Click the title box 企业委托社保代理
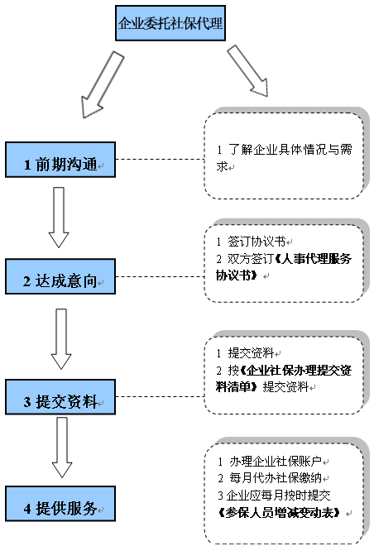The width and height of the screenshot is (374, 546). click(x=170, y=23)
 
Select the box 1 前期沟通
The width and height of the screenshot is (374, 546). click(x=60, y=160)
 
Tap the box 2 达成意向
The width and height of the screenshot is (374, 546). click(x=60, y=276)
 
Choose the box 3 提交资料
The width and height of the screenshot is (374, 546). click(x=60, y=397)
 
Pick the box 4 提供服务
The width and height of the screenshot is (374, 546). click(x=60, y=504)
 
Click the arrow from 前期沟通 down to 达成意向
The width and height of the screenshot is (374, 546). click(x=59, y=218)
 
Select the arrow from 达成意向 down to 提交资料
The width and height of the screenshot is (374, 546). click(x=61, y=339)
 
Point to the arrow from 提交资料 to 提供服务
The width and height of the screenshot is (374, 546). click(x=61, y=447)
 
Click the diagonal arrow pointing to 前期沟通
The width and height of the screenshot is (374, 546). click(x=103, y=84)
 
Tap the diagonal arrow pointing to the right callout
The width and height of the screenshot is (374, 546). click(x=248, y=70)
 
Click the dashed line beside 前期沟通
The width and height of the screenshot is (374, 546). click(x=160, y=159)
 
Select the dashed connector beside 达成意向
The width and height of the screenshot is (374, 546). click(x=160, y=276)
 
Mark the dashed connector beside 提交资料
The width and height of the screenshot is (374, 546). click(x=160, y=396)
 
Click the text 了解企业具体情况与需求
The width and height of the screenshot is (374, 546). click(x=284, y=158)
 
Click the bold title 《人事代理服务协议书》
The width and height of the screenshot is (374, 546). click(x=284, y=266)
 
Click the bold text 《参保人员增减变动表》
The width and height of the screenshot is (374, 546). click(x=280, y=512)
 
